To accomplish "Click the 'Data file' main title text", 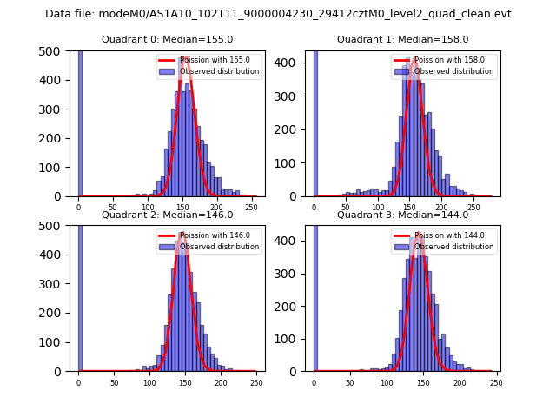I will (278, 14).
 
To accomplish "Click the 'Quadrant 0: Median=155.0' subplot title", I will (167, 39).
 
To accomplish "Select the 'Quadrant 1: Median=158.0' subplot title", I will (402, 39).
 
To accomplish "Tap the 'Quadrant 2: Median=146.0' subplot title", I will (167, 215).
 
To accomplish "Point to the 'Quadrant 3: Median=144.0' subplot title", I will (402, 215).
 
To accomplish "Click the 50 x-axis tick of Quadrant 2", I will (114, 382).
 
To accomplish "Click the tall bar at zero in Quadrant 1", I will (315, 122).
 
